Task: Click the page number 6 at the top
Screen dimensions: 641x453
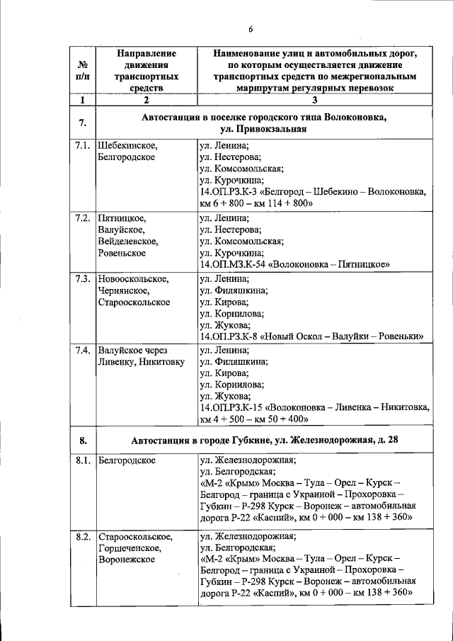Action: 251,29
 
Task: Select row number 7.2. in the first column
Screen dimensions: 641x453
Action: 82,217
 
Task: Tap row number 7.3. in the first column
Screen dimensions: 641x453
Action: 82,279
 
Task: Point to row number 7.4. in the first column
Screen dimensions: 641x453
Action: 82,350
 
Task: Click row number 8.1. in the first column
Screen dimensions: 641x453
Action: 82,461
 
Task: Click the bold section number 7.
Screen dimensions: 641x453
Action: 82,123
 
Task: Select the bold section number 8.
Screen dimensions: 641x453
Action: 82,441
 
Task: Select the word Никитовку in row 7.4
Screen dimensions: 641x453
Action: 161,362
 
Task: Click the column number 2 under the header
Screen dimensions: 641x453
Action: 147,100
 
